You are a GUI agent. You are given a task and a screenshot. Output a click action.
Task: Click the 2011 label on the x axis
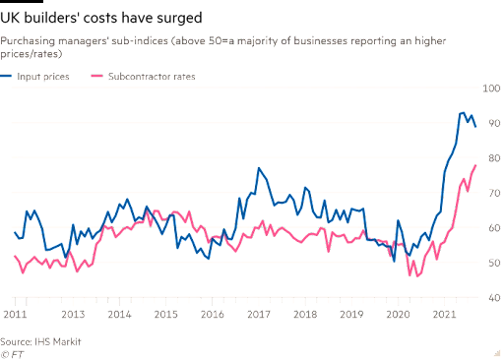(x=14, y=315)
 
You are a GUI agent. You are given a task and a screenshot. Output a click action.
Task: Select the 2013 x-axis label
(x=72, y=315)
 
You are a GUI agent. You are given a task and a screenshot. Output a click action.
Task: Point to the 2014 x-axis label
(x=118, y=315)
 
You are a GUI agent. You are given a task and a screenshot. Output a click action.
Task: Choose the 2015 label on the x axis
(x=165, y=315)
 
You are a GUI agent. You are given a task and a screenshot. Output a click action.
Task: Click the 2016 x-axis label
(x=212, y=315)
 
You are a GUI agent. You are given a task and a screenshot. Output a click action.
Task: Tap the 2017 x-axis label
(x=258, y=315)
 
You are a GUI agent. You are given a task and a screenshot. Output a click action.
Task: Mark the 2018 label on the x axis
(x=305, y=315)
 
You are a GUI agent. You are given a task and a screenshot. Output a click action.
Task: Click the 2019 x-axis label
(x=351, y=315)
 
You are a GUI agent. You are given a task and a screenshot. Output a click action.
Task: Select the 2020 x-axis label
(x=398, y=315)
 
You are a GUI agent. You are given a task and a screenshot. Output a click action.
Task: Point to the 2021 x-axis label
(x=444, y=315)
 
